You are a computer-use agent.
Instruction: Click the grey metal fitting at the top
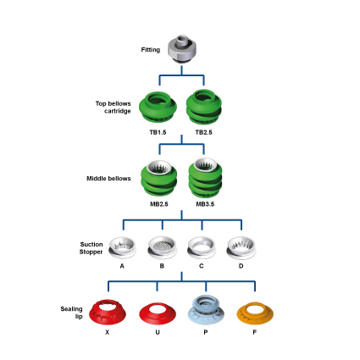(182, 49)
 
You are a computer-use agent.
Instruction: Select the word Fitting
(151, 50)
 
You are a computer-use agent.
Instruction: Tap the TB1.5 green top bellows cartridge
(158, 107)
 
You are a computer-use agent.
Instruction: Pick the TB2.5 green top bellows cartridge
(204, 107)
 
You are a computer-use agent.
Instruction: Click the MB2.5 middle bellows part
(159, 179)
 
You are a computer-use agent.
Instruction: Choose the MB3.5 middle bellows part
(205, 178)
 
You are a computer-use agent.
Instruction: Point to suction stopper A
(122, 247)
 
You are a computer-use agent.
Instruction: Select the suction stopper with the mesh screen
(162, 247)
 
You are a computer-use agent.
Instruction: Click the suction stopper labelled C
(202, 247)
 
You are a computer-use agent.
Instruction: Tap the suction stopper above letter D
(241, 247)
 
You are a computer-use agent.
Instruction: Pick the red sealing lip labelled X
(108, 313)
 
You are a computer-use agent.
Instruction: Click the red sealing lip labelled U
(158, 314)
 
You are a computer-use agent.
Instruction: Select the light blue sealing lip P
(206, 310)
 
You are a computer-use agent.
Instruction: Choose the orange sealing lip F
(255, 313)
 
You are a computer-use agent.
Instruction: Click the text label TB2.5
(203, 132)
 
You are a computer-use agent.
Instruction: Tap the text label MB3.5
(205, 204)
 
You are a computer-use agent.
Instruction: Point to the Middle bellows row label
(108, 179)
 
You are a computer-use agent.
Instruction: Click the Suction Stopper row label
(91, 248)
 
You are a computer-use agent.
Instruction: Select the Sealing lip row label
(72, 313)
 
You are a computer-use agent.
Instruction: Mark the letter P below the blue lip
(206, 332)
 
